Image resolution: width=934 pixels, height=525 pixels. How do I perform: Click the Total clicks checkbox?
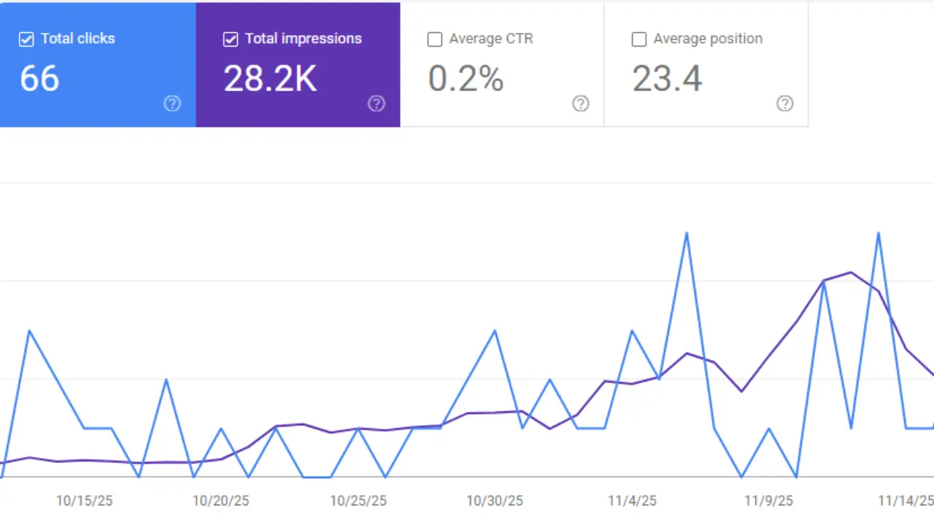coord(26,39)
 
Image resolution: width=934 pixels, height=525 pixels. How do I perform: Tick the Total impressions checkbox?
coord(231,39)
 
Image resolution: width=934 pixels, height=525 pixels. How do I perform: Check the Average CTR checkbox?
coord(435,39)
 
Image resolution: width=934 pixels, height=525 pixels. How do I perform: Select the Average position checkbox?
coord(639,39)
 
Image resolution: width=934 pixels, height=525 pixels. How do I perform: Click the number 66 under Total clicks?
coord(39,79)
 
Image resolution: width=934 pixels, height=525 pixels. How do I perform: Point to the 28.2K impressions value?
coord(270,79)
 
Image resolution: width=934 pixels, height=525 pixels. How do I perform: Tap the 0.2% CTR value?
coord(466,79)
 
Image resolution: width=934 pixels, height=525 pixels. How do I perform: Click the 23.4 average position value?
coord(667,79)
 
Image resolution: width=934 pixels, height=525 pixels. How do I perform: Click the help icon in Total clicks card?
coord(172,104)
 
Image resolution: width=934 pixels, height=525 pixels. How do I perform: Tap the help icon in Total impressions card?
coord(377,104)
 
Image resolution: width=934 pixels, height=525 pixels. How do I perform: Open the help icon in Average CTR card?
coord(581,104)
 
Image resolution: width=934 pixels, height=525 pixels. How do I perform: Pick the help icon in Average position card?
coord(785,104)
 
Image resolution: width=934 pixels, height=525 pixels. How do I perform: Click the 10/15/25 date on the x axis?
coord(84,501)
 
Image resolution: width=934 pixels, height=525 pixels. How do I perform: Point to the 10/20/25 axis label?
coord(220,501)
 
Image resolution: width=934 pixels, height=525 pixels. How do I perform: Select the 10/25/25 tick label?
coord(358,501)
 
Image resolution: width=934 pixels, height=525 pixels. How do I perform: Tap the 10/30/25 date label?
coord(495,501)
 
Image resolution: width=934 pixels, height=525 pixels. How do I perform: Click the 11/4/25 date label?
coord(632,501)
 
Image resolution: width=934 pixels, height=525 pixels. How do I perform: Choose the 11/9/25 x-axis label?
coord(768,501)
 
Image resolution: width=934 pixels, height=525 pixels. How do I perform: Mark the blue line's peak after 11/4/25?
coord(687,233)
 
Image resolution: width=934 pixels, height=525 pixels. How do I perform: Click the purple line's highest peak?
coord(851,272)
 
